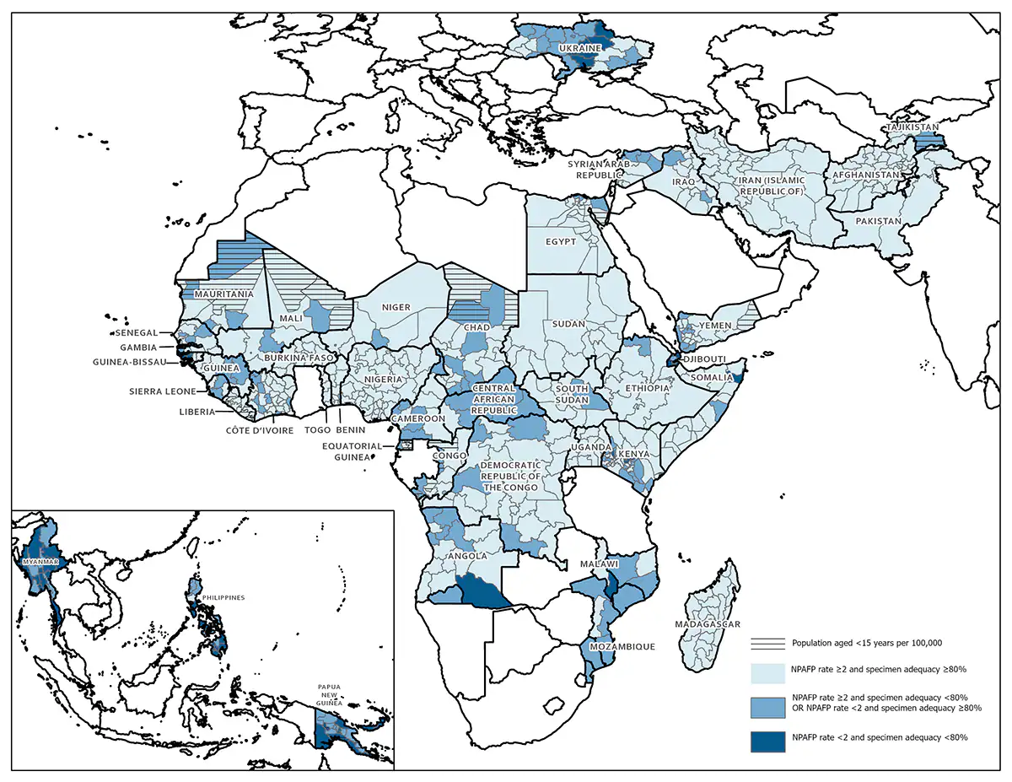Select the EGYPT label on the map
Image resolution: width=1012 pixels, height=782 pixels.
pyautogui.click(x=561, y=241)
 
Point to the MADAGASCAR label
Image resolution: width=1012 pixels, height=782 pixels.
pyautogui.click(x=707, y=624)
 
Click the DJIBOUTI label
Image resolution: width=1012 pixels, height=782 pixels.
pyautogui.click(x=705, y=359)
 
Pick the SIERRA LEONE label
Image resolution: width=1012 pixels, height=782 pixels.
pyautogui.click(x=164, y=391)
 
